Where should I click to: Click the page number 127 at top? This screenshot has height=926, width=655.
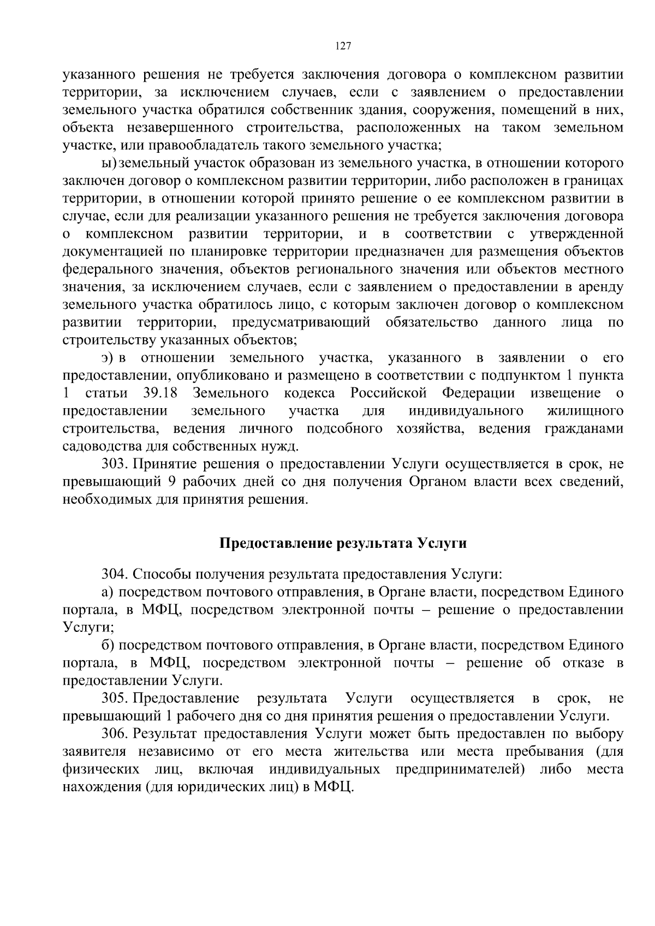coord(343,46)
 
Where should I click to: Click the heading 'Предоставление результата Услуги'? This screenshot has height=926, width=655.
coord(343,544)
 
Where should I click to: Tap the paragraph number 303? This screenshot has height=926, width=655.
coord(114,464)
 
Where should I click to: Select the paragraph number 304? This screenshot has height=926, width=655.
coord(114,574)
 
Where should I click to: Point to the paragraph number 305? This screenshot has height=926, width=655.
coord(114,698)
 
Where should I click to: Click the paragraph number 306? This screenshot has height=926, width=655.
coord(114,734)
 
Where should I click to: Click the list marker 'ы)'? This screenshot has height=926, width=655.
coord(109,163)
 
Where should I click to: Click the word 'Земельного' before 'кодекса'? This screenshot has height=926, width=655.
coord(231,393)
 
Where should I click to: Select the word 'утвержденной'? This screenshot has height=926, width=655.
coord(576,234)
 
